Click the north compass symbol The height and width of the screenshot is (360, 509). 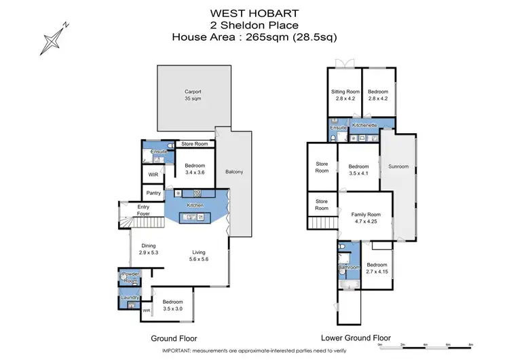pyautogui.click(x=53, y=36)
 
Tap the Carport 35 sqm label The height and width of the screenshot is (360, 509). pyautogui.click(x=193, y=94)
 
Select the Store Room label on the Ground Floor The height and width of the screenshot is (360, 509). pyautogui.click(x=195, y=144)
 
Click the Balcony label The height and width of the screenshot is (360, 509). pyautogui.click(x=234, y=172)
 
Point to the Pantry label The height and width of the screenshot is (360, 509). pyautogui.click(x=153, y=193)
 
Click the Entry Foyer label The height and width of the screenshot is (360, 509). pyautogui.click(x=144, y=210)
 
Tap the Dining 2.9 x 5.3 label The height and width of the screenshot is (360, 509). pyautogui.click(x=149, y=249)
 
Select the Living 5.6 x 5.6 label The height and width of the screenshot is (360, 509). pyautogui.click(x=200, y=255)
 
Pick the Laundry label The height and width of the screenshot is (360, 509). pyautogui.click(x=130, y=297)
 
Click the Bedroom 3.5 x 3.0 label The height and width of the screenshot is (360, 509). pyautogui.click(x=172, y=304)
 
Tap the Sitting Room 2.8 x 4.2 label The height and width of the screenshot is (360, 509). pyautogui.click(x=345, y=94)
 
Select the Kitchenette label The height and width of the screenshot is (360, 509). pyautogui.click(x=364, y=126)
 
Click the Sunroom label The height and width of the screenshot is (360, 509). pyautogui.click(x=398, y=166)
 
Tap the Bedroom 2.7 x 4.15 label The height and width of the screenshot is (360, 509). pyautogui.click(x=377, y=268)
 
